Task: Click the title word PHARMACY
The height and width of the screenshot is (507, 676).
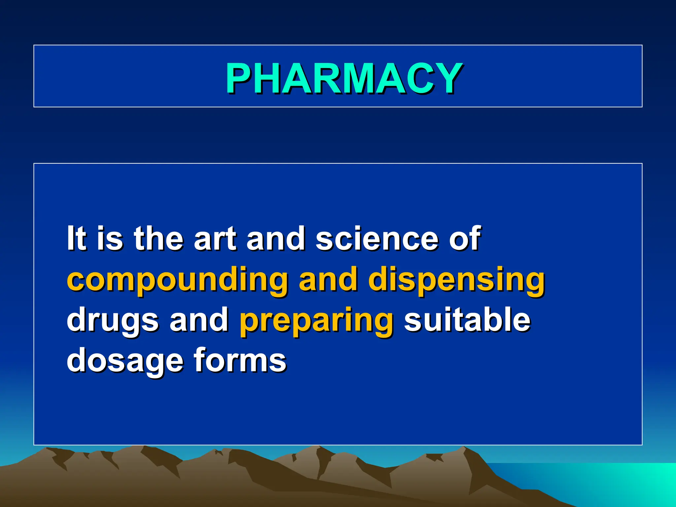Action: (x=344, y=79)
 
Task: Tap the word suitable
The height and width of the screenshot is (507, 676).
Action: (x=467, y=319)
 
